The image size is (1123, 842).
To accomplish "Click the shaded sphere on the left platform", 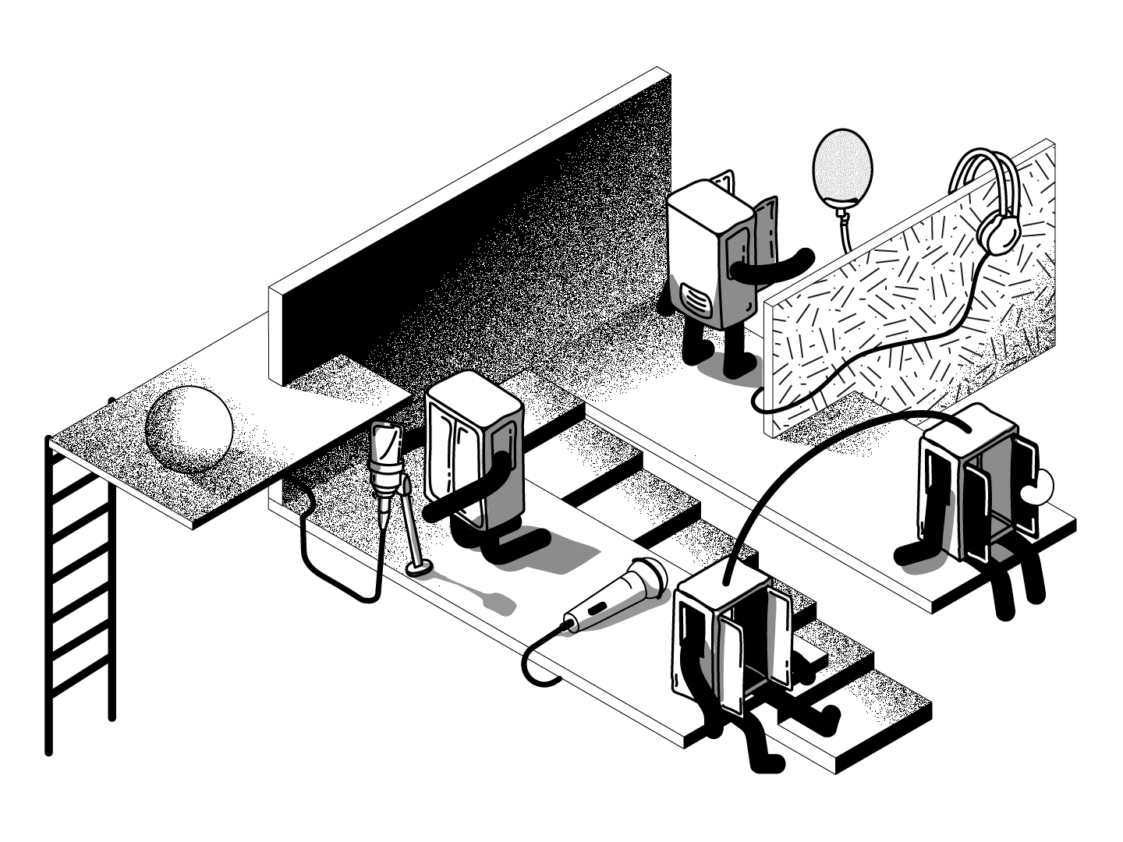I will [190, 430].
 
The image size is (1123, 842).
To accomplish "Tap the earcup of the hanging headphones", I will [997, 232].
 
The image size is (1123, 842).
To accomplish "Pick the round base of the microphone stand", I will [419, 569].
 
